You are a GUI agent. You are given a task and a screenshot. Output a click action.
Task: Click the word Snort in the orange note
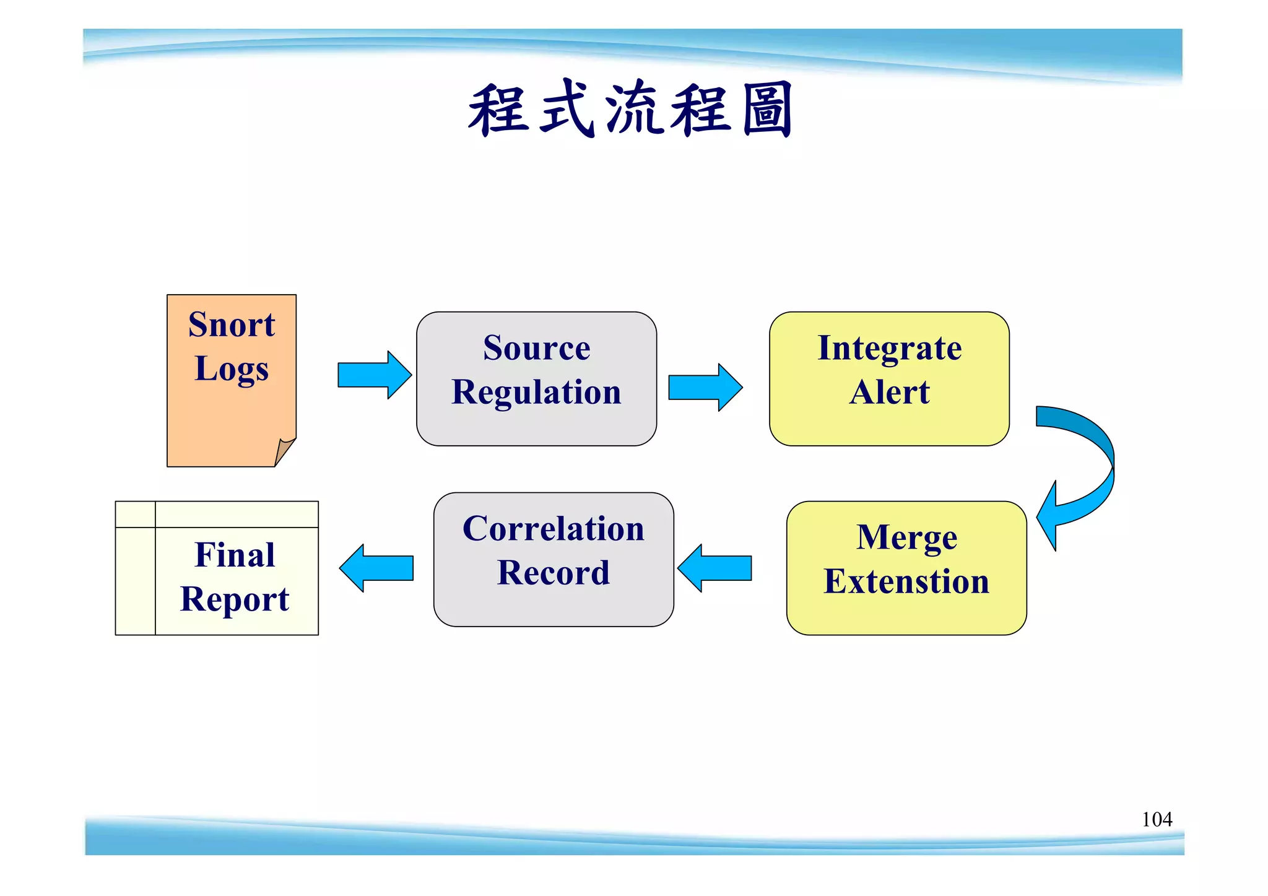click(x=232, y=325)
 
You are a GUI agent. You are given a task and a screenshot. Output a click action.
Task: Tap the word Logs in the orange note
click(x=232, y=369)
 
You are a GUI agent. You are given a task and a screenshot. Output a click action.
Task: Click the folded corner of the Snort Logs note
click(x=284, y=451)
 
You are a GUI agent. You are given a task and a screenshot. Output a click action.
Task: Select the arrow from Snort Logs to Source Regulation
click(x=374, y=375)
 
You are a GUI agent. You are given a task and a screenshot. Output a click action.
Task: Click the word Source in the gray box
click(x=536, y=348)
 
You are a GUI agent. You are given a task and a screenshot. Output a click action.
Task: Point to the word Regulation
click(x=536, y=393)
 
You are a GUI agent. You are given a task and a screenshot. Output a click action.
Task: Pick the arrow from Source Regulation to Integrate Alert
click(x=705, y=388)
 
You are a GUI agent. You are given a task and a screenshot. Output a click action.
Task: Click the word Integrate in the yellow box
click(x=889, y=348)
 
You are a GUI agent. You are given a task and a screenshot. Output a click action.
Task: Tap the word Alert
click(x=889, y=393)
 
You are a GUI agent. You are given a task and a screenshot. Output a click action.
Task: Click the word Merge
click(x=906, y=537)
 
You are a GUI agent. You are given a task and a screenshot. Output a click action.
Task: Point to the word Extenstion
click(x=906, y=582)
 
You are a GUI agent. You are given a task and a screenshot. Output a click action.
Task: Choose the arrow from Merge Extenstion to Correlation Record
click(x=714, y=568)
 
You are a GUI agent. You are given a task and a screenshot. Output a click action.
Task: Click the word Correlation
click(x=554, y=529)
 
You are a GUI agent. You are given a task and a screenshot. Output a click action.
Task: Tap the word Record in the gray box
click(x=554, y=573)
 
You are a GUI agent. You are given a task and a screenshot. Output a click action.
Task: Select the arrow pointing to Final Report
click(x=376, y=568)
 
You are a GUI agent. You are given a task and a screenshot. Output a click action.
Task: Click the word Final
click(x=235, y=555)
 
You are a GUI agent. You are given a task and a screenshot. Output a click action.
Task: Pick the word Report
click(x=235, y=599)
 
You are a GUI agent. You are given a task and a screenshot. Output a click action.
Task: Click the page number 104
click(x=1157, y=820)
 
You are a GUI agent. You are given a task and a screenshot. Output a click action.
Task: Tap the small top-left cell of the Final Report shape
click(x=135, y=515)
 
